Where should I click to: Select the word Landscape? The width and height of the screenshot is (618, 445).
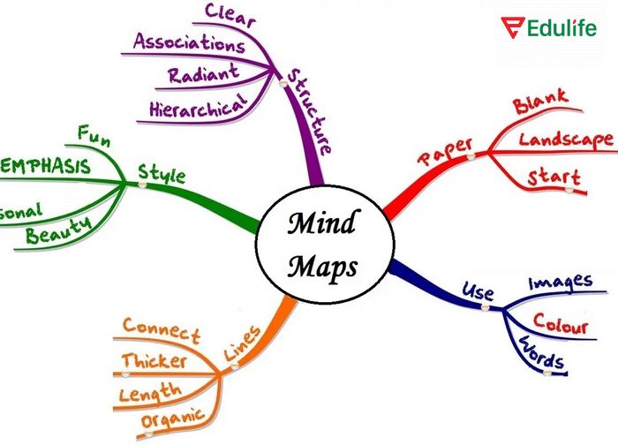point(565,140)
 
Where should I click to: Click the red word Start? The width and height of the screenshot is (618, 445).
point(554,177)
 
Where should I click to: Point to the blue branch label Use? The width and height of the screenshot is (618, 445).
point(478,292)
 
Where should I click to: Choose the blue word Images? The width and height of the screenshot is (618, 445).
point(560,283)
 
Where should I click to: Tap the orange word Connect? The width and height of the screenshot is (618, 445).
point(162,329)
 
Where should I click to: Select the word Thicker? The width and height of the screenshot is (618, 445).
point(154,361)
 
